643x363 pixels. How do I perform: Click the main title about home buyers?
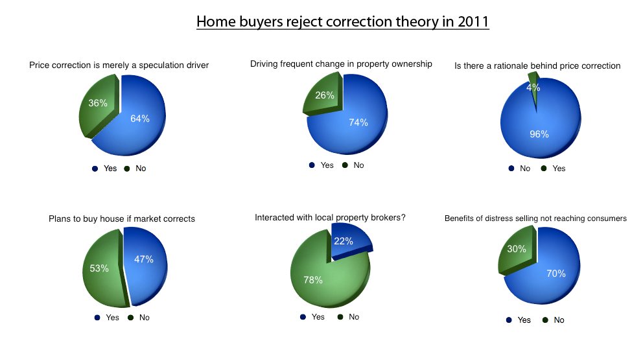coord(343,22)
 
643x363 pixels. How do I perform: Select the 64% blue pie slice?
coord(135,123)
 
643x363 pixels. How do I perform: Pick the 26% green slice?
coord(323,95)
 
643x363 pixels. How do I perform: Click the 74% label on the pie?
coord(358,123)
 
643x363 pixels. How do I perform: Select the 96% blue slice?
coord(541,123)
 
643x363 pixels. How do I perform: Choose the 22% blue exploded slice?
coord(349,241)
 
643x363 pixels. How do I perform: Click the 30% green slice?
coord(517,251)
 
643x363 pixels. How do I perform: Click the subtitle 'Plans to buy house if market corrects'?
coord(122,218)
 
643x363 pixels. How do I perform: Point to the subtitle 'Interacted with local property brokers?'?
coord(330,217)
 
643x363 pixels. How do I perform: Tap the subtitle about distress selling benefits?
coord(535,218)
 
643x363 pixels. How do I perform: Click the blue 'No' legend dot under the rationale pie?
coord(511,168)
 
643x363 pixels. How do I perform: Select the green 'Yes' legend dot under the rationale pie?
coord(544,168)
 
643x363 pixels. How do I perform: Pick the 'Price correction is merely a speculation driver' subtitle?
coord(119,65)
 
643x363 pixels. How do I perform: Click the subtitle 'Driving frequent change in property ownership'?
coord(341,64)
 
